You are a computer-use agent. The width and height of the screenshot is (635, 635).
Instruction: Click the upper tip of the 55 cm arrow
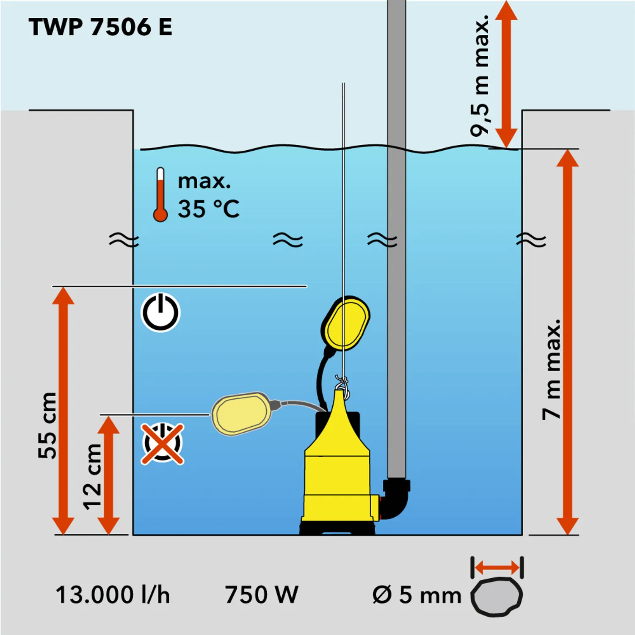[x=63, y=287]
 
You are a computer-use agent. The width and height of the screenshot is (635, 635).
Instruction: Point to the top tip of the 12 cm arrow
[x=109, y=416]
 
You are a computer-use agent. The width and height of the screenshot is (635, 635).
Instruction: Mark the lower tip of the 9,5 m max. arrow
[x=506, y=148]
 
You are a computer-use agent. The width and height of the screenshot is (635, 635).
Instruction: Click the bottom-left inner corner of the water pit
[x=133, y=535]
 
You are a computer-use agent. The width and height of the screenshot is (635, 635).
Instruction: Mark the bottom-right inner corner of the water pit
[x=522, y=535]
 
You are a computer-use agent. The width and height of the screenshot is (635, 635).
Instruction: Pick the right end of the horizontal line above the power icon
[x=307, y=287]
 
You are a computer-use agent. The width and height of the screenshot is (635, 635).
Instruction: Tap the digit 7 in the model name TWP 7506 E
[x=97, y=27]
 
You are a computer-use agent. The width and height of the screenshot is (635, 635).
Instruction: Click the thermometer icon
[x=160, y=194]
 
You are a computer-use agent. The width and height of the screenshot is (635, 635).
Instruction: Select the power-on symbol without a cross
[x=160, y=312]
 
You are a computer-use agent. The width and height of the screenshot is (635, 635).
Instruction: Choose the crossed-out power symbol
[x=163, y=444]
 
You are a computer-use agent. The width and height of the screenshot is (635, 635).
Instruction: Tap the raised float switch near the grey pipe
[x=345, y=323]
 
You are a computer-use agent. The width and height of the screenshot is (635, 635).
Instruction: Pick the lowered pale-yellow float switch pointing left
[x=241, y=413]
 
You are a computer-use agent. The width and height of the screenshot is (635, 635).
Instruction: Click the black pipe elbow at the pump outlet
[x=396, y=499]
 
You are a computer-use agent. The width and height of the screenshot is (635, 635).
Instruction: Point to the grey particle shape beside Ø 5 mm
[x=497, y=596]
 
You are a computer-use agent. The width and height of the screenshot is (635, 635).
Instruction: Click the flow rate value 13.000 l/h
[x=113, y=595]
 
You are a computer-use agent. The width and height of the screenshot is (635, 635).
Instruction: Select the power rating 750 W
[x=261, y=594]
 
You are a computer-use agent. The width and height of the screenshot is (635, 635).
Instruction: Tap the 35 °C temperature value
[x=208, y=209]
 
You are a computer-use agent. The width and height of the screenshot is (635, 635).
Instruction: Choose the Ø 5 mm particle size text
[x=417, y=595]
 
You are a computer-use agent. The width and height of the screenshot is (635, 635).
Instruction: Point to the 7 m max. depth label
[x=552, y=370]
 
